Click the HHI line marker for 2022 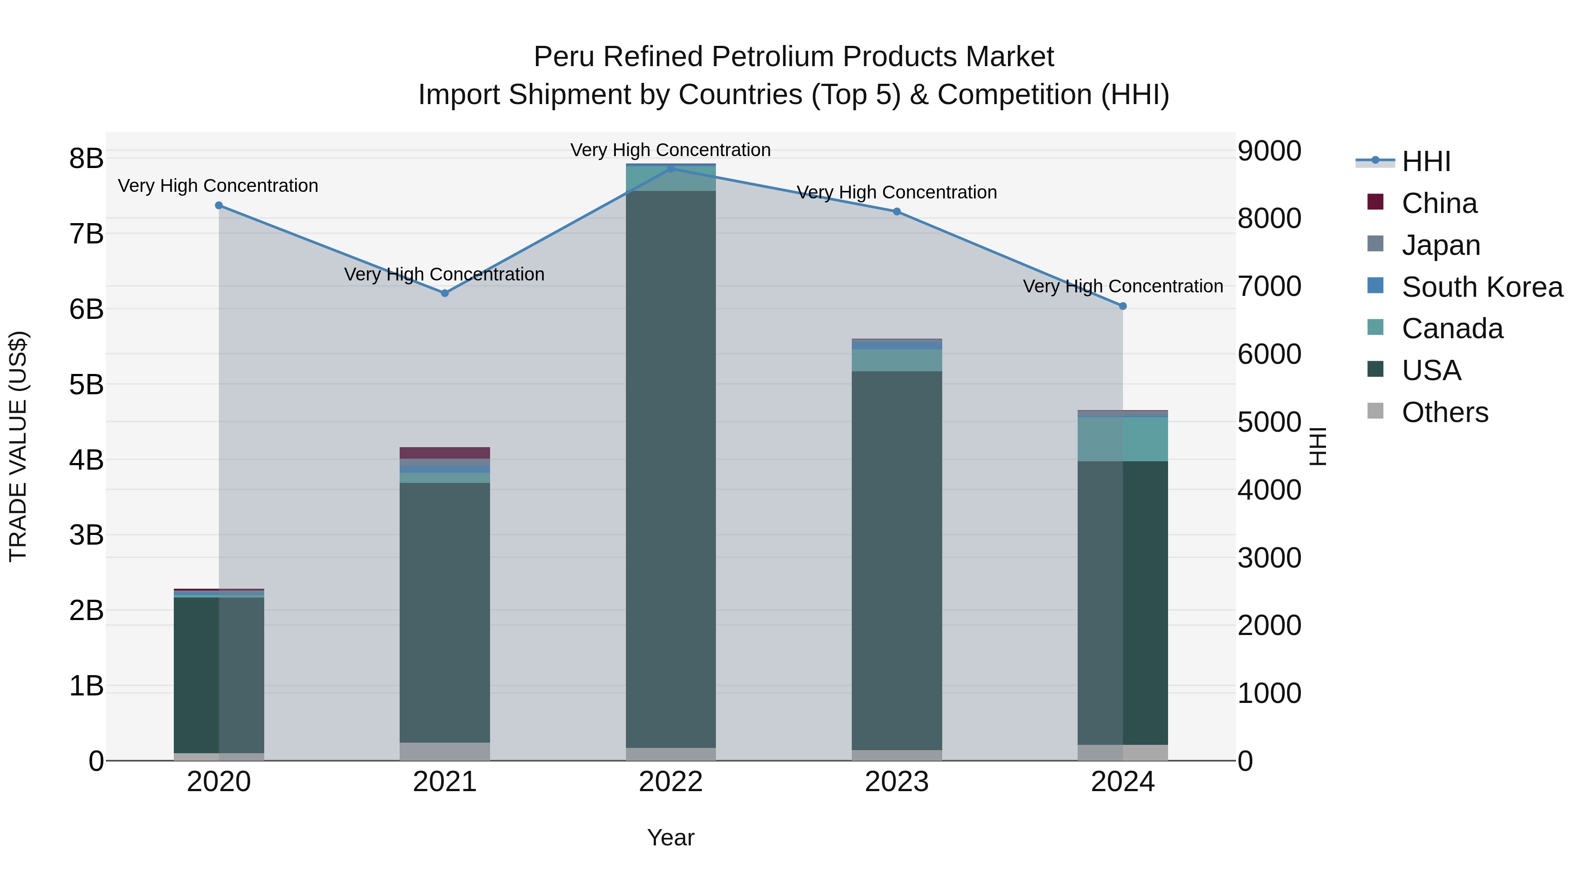click(670, 168)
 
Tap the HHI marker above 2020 click(219, 205)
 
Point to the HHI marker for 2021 click(445, 293)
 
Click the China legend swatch click(1375, 202)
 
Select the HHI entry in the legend click(1425, 161)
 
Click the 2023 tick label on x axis click(896, 782)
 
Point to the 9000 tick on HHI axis click(1269, 151)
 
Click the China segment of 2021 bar click(445, 453)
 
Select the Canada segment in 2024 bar click(1123, 439)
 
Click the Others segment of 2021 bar click(445, 751)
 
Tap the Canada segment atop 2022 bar click(670, 179)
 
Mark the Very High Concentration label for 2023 click(896, 192)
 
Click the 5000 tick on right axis click(1269, 423)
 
